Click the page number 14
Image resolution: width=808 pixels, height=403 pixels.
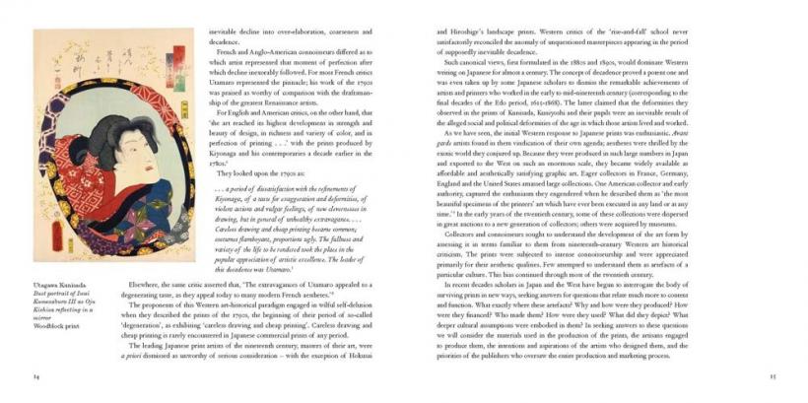click(36, 375)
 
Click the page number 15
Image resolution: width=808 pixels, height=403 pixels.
click(773, 375)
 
